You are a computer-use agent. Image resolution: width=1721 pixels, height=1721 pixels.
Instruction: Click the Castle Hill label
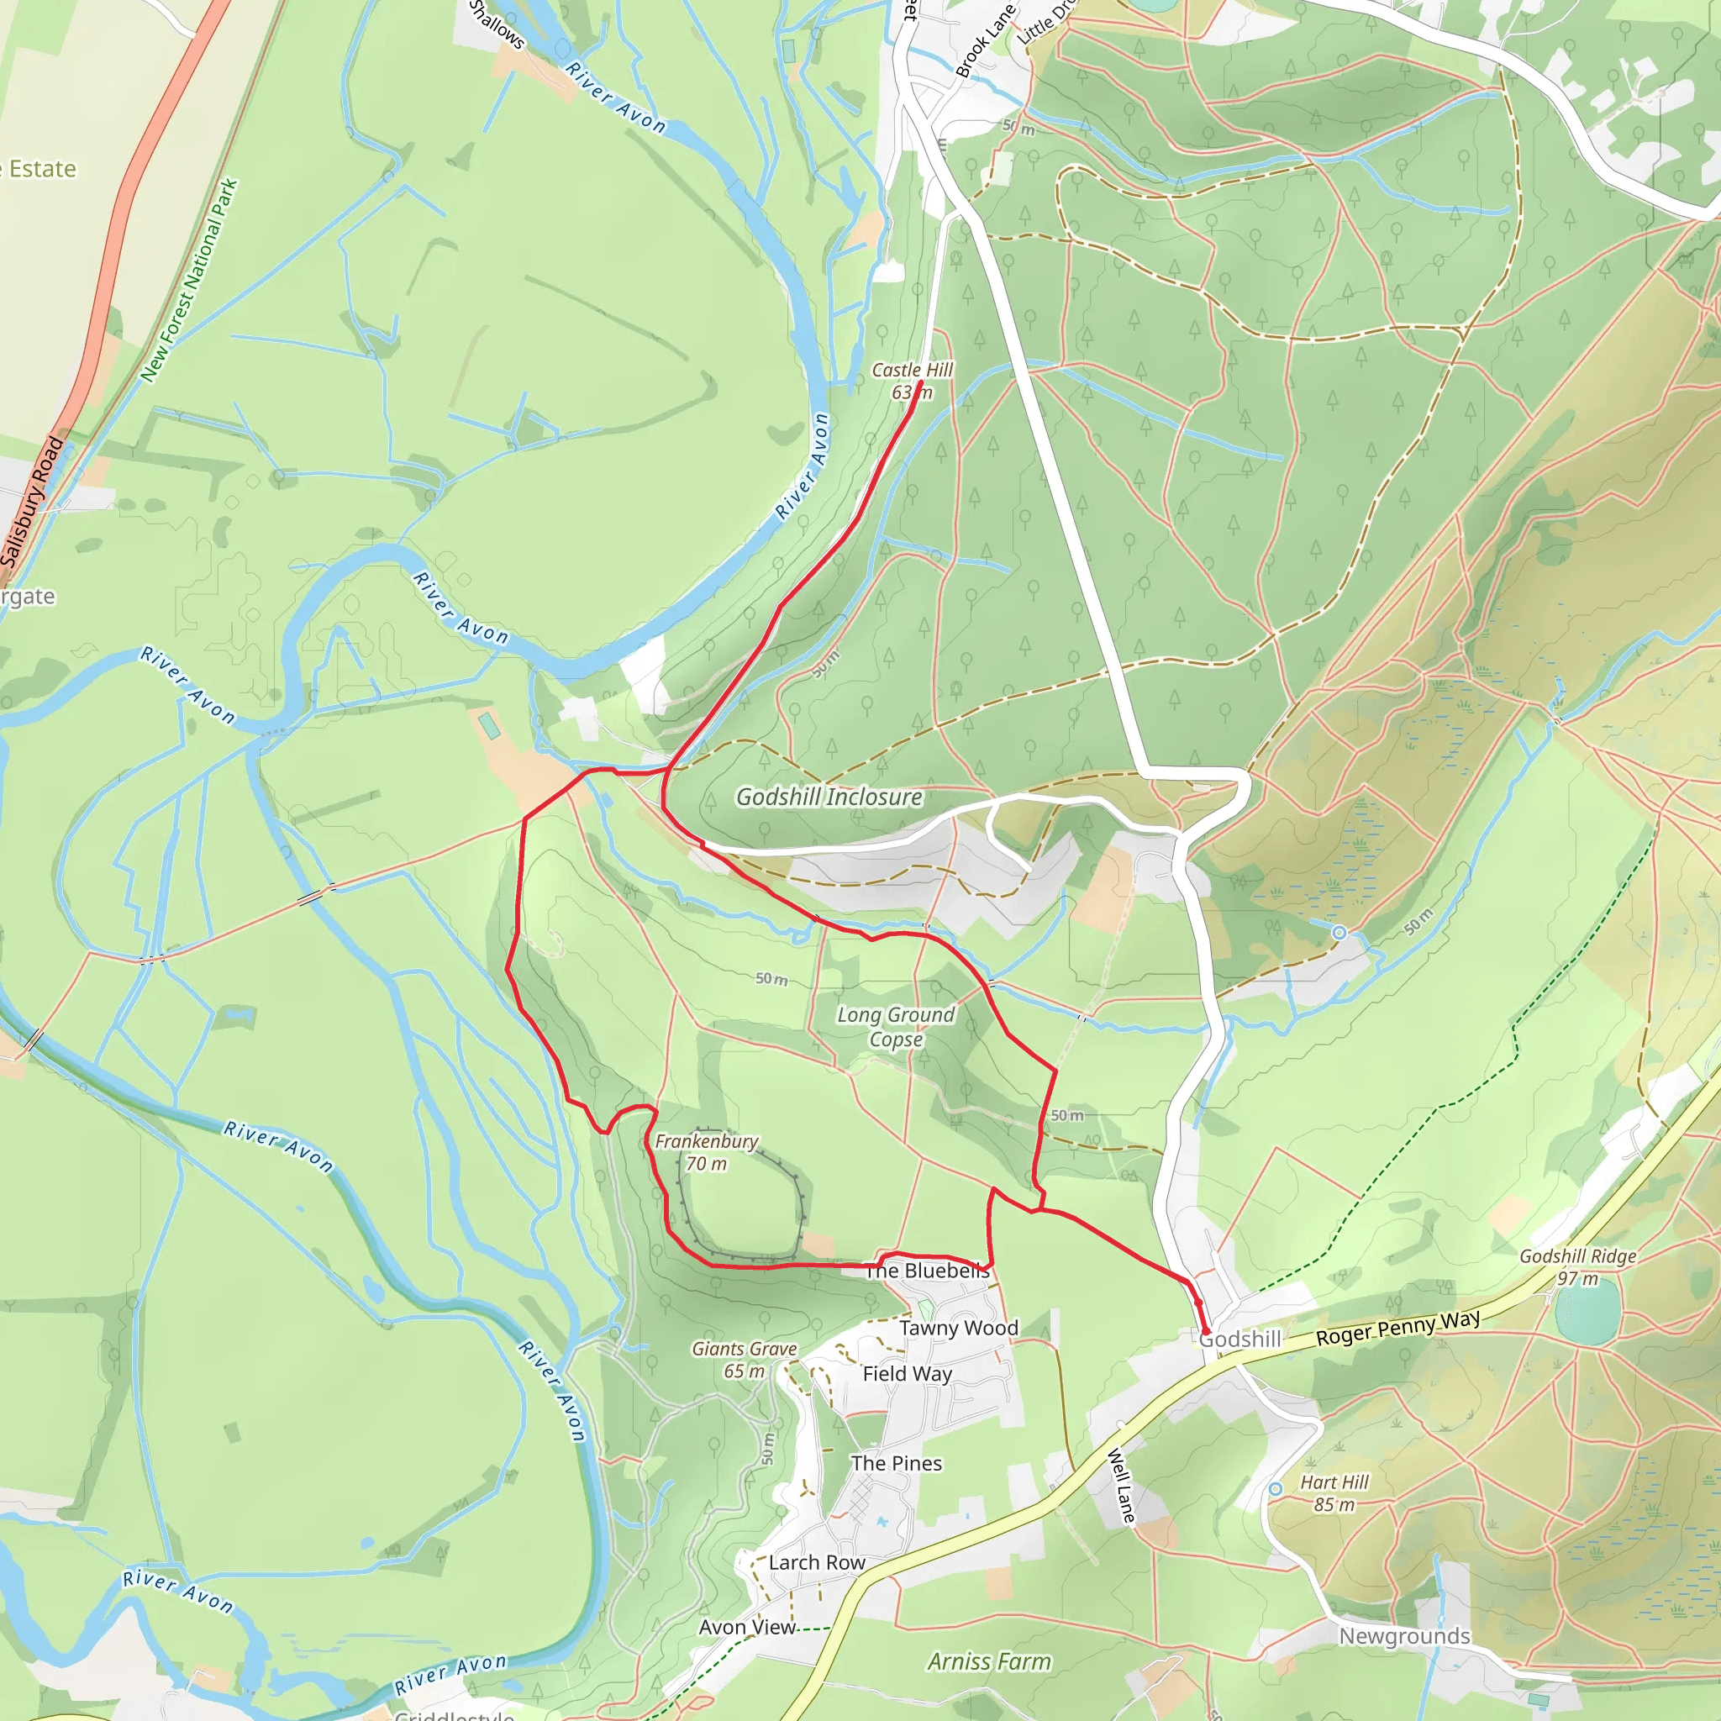point(911,370)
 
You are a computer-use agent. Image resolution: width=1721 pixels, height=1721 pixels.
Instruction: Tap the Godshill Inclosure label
point(829,797)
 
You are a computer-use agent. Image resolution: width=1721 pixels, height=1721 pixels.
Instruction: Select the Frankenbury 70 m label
point(707,1152)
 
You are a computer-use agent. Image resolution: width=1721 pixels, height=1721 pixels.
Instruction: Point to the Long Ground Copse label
point(895,1026)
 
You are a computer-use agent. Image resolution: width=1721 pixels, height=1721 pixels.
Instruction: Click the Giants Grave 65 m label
point(745,1360)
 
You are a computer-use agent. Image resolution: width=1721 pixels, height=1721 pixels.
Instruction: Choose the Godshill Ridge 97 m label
point(1577,1266)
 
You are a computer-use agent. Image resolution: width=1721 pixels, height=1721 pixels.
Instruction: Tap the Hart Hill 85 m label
point(1334,1493)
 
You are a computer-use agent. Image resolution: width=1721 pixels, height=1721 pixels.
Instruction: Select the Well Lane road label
point(1122,1486)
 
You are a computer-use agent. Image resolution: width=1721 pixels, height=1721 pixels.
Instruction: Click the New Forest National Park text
point(190,281)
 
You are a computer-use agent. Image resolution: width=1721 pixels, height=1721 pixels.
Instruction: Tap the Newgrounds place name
point(1404,1635)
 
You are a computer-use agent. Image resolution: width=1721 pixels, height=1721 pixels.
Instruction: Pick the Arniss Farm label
point(989,1661)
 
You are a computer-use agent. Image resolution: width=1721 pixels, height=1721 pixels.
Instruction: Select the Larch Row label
point(817,1562)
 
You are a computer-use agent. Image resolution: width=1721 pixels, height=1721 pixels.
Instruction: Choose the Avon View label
point(746,1627)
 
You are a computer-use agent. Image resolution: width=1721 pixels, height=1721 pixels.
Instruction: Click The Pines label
point(896,1464)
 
